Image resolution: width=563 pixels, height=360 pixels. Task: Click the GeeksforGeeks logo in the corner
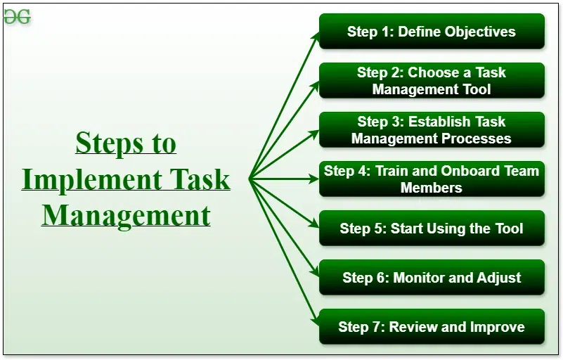(17, 17)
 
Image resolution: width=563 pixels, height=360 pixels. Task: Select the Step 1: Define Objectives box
(432, 31)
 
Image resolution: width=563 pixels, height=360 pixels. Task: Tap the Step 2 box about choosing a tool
(432, 80)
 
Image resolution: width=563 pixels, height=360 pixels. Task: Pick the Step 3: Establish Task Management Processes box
(432, 129)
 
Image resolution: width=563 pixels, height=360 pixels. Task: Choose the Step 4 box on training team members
(432, 179)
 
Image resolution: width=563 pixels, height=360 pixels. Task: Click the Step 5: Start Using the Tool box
(432, 228)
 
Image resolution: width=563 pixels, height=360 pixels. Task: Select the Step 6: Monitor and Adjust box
(432, 277)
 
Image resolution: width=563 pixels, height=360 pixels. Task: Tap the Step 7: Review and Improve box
(432, 326)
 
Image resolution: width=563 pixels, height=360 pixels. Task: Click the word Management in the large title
(126, 216)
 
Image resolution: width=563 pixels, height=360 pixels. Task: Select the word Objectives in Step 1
(480, 32)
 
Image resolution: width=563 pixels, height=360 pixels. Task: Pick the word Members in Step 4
(432, 188)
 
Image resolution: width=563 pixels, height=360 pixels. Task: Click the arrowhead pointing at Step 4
(314, 179)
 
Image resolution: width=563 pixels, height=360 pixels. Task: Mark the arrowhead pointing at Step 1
(316, 37)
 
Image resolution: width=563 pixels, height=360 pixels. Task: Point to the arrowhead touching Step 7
(316, 321)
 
